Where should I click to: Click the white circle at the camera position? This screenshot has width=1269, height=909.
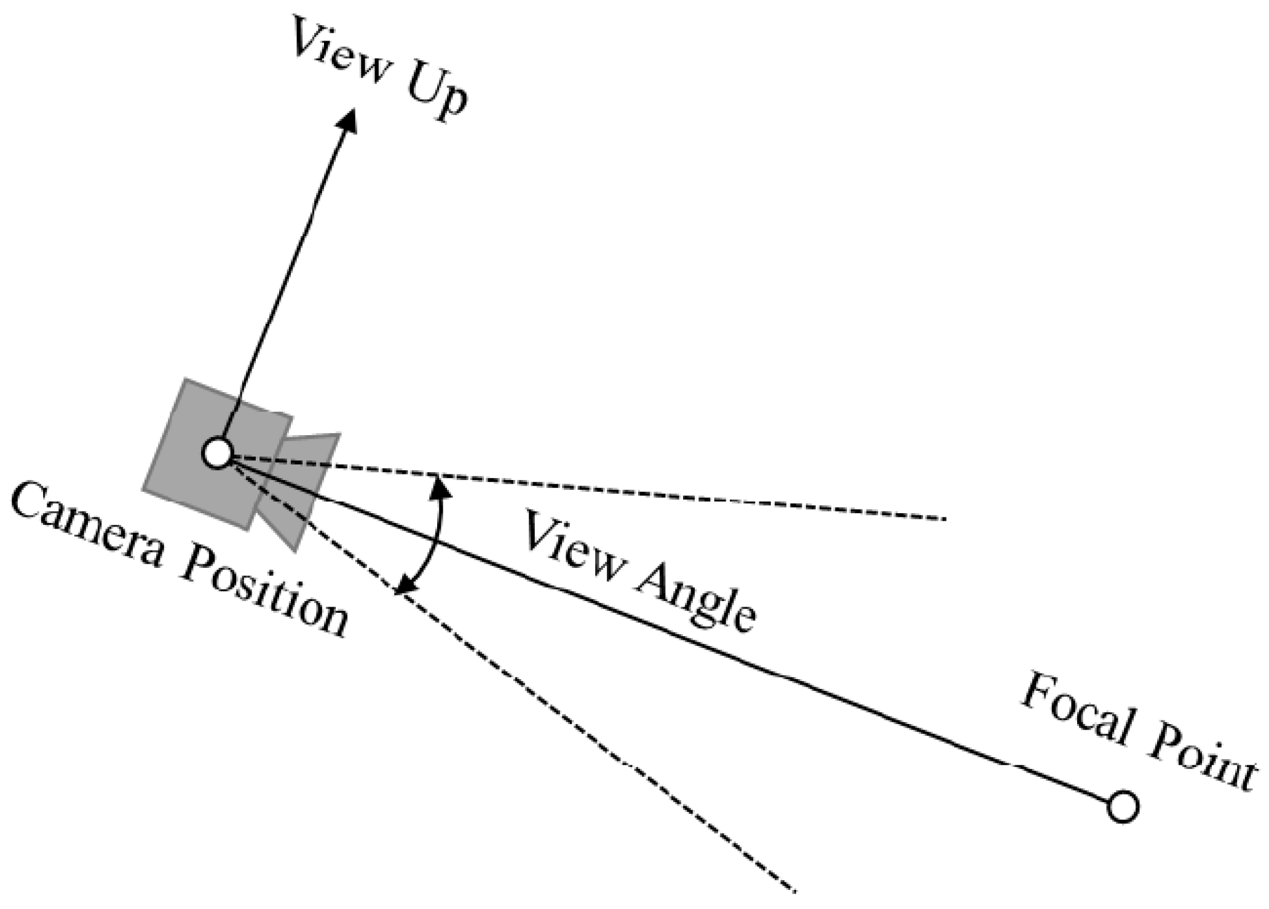coord(217,454)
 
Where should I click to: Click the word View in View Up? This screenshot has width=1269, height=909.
coord(342,52)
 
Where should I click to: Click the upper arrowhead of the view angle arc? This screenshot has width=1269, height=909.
coord(439,486)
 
